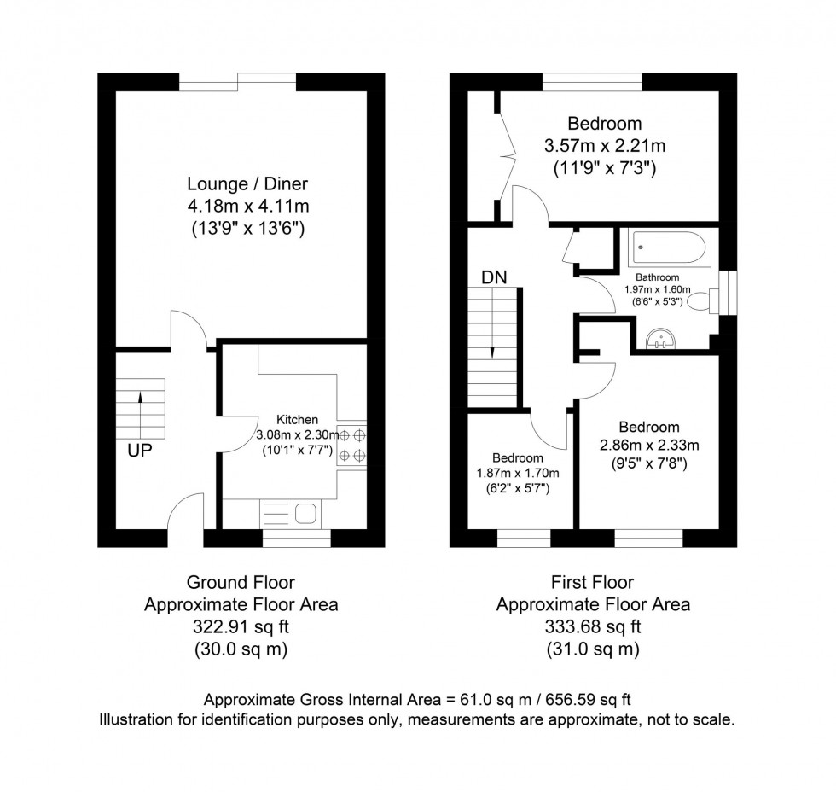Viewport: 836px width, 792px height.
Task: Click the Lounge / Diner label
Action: coord(247,183)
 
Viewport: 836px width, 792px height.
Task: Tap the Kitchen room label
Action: coord(297,419)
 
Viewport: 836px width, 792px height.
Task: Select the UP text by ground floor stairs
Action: coord(142,450)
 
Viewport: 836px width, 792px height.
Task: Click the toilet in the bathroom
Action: coord(703,300)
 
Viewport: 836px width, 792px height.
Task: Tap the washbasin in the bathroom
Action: coord(661,339)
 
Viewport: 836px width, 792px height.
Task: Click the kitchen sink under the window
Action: coord(305,514)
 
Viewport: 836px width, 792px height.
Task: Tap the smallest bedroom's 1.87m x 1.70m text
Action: coord(517,474)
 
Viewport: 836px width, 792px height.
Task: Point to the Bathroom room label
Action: coord(657,277)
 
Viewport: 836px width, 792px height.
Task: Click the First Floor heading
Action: coord(593,583)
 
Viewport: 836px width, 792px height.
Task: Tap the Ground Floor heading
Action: coord(241,583)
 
